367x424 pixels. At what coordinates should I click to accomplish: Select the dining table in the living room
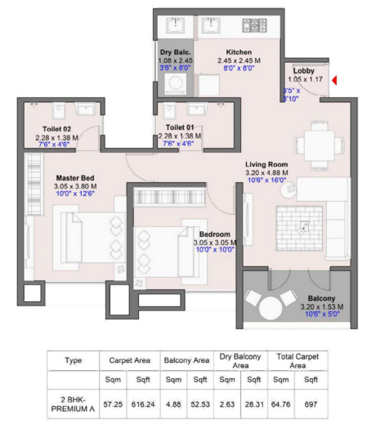pyautogui.click(x=316, y=141)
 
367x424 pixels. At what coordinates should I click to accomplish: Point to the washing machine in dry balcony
pyautogui.click(x=175, y=85)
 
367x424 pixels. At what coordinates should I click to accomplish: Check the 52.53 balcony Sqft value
pyautogui.click(x=200, y=402)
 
